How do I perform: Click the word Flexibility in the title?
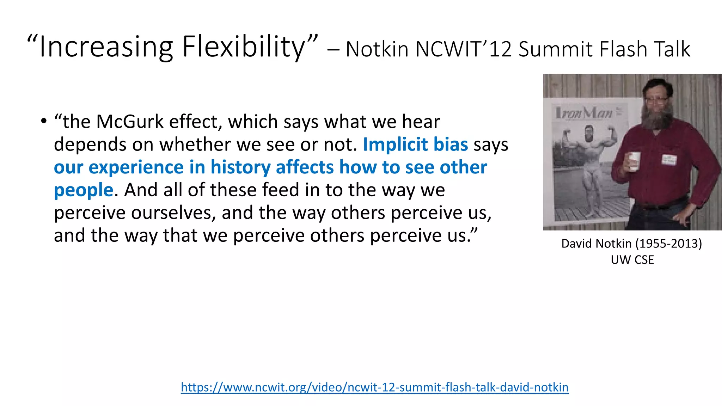click(243, 47)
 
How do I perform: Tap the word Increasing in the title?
click(106, 47)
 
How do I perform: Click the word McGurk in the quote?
click(130, 122)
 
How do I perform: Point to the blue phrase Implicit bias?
click(415, 144)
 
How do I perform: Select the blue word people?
click(84, 190)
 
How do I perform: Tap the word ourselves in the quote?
click(173, 213)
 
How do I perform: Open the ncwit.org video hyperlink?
click(374, 387)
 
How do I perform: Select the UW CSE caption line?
click(632, 260)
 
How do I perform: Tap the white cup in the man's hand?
click(634, 161)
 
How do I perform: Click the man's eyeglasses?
click(656, 100)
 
